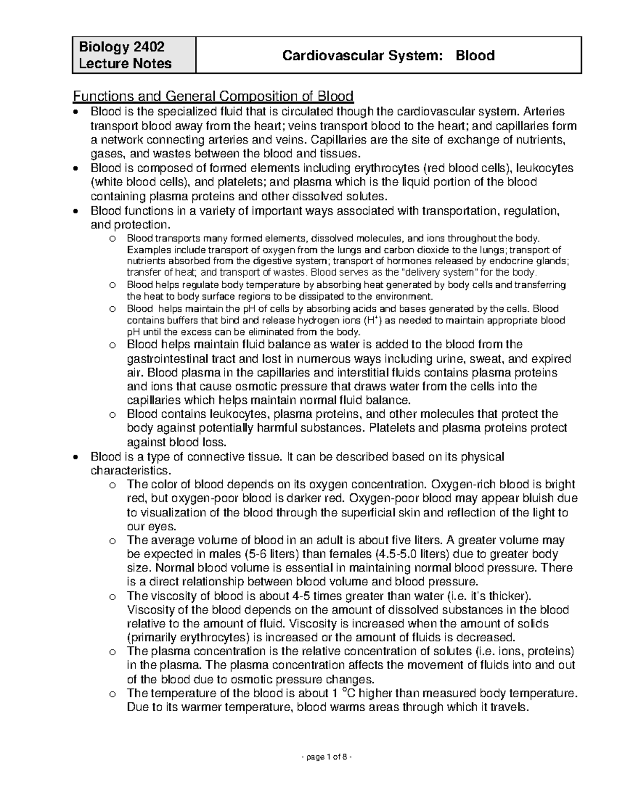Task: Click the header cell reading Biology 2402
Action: [121, 47]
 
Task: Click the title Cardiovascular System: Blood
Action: [388, 55]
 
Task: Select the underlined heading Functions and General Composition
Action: [213, 96]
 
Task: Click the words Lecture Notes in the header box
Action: [125, 64]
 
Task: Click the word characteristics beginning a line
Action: [129, 471]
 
